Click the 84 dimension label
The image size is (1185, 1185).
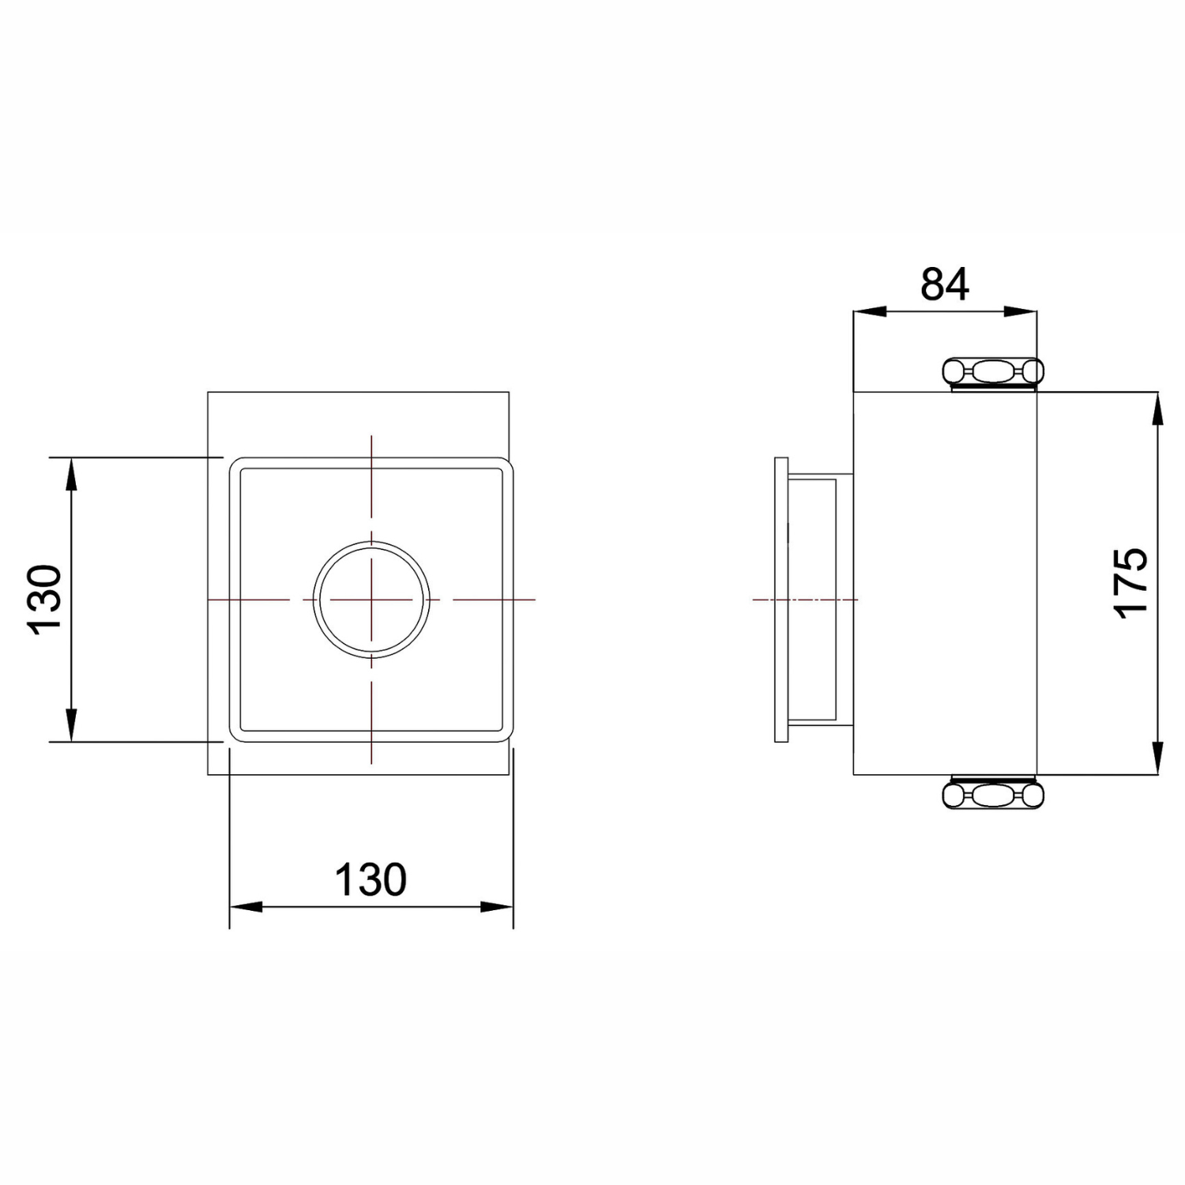pyautogui.click(x=945, y=284)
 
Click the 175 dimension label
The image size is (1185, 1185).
pyautogui.click(x=1131, y=582)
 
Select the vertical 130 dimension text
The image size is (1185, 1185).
pyautogui.click(x=44, y=600)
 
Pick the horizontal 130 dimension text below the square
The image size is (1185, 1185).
pyautogui.click(x=371, y=879)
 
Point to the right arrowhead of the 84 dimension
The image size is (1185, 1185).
pyautogui.click(x=1020, y=312)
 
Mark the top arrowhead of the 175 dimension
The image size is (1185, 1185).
pyautogui.click(x=1158, y=408)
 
